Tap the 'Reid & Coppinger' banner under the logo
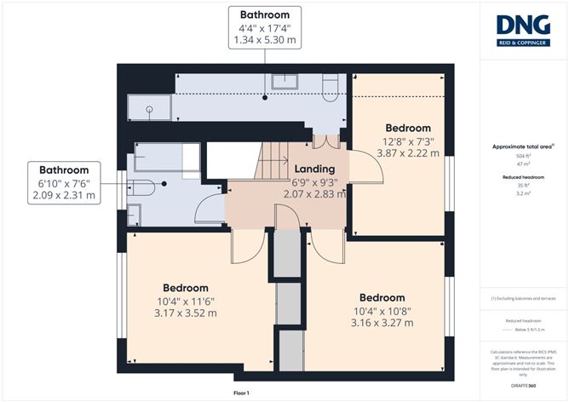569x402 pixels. (523, 41)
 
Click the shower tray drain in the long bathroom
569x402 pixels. (149, 108)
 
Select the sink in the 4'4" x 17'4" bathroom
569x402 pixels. (283, 82)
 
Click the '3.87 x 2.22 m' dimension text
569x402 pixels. (400, 153)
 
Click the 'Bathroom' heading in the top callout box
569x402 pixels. (264, 14)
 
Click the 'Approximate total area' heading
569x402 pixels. (521, 146)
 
